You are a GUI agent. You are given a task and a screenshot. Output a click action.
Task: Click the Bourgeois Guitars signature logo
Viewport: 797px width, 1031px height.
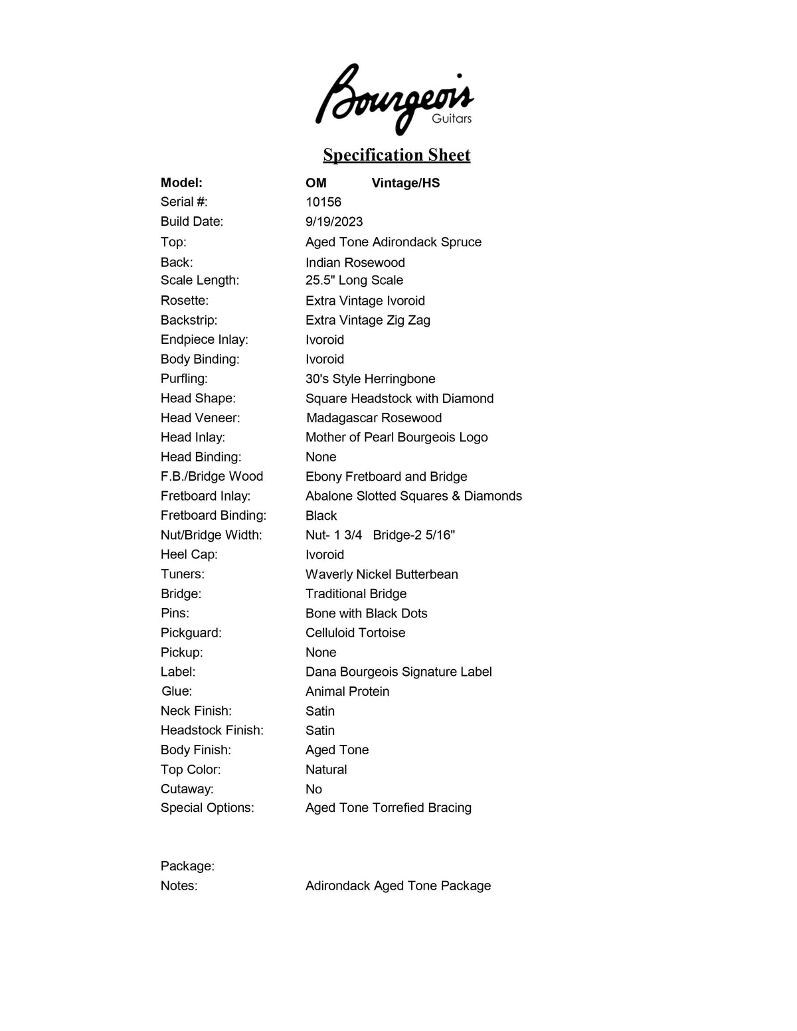[x=395, y=99]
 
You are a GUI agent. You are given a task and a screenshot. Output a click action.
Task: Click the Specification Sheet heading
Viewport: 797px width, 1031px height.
[x=397, y=155]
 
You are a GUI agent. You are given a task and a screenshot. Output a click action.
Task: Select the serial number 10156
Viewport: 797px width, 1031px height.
[x=323, y=202]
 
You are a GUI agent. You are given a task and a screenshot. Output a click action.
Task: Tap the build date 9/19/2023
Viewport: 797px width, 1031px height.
[x=334, y=222]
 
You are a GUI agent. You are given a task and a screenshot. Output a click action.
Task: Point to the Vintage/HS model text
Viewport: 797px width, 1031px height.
[x=406, y=183]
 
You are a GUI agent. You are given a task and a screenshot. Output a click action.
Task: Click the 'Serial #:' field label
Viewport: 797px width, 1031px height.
[x=184, y=202]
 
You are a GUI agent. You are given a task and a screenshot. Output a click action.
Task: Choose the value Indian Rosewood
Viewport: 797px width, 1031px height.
[x=355, y=262]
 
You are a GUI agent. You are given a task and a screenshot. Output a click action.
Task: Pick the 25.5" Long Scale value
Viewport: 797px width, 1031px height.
[x=354, y=280]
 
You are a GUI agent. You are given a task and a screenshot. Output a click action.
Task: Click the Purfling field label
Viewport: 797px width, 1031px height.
[x=184, y=378]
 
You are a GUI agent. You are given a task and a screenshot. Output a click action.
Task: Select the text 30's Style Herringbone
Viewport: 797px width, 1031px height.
[x=371, y=378]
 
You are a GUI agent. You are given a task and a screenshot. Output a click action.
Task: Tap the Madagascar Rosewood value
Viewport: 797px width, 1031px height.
[x=374, y=418]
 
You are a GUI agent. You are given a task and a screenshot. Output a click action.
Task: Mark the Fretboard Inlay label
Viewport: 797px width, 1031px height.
[x=205, y=496]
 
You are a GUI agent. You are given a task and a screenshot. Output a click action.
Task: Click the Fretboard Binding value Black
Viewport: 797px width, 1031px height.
[x=321, y=516]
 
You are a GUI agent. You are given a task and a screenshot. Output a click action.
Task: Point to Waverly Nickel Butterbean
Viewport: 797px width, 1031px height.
[x=382, y=574]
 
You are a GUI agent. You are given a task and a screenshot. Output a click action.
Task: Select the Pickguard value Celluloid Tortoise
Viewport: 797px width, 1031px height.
[x=355, y=633]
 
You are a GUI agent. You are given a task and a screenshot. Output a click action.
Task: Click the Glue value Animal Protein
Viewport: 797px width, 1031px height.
[x=347, y=691]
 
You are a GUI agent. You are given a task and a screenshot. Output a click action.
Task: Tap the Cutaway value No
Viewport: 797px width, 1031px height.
[x=313, y=789]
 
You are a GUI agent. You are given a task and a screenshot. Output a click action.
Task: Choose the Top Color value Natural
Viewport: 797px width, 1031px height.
[x=326, y=769]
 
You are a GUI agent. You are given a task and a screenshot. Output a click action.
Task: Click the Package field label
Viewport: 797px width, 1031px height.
[x=187, y=866]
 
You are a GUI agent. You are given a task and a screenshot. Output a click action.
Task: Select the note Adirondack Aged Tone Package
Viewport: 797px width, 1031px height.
[x=398, y=886]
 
